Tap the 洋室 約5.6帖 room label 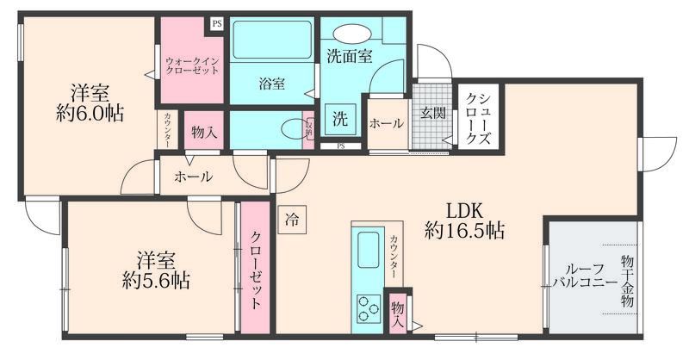tap(156, 270)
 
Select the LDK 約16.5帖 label tap(464, 220)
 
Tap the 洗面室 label tap(349, 58)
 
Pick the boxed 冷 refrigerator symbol tap(293, 220)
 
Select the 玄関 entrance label tap(431, 111)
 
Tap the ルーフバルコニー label tap(585, 275)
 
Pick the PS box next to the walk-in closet tap(216, 24)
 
